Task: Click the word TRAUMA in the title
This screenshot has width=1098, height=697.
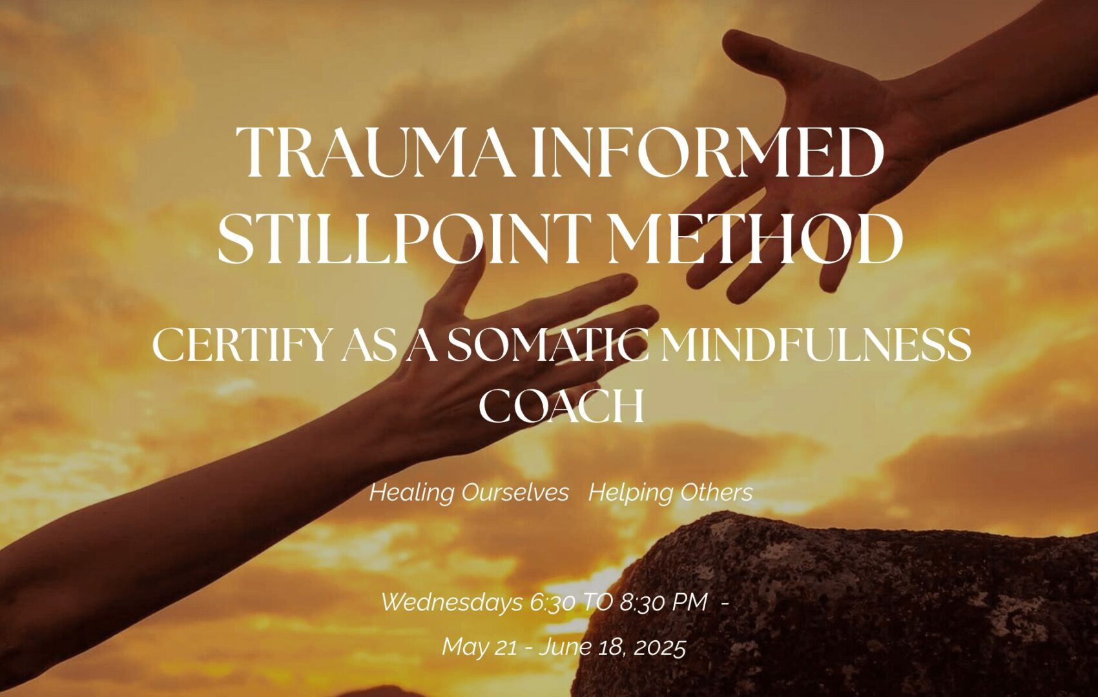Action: tap(375, 152)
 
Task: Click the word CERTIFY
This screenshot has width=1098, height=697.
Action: tap(240, 345)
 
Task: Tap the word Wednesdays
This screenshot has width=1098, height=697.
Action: tap(452, 602)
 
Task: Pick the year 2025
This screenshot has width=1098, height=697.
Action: tap(659, 647)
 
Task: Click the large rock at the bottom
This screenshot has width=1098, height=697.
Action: tap(833, 607)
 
